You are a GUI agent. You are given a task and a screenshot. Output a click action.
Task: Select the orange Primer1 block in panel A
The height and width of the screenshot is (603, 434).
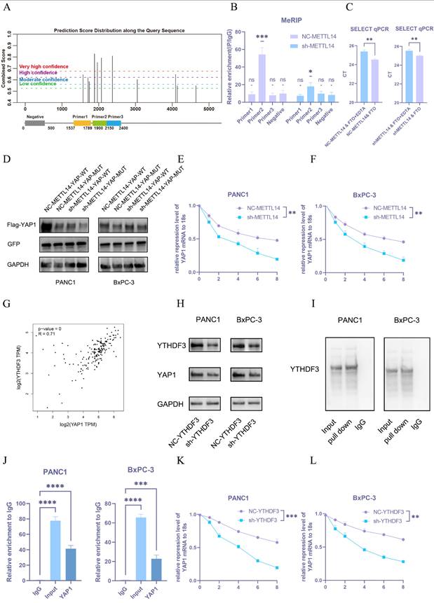tap(81, 123)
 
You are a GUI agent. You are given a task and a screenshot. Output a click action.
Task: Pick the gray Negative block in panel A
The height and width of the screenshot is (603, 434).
tap(34, 123)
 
